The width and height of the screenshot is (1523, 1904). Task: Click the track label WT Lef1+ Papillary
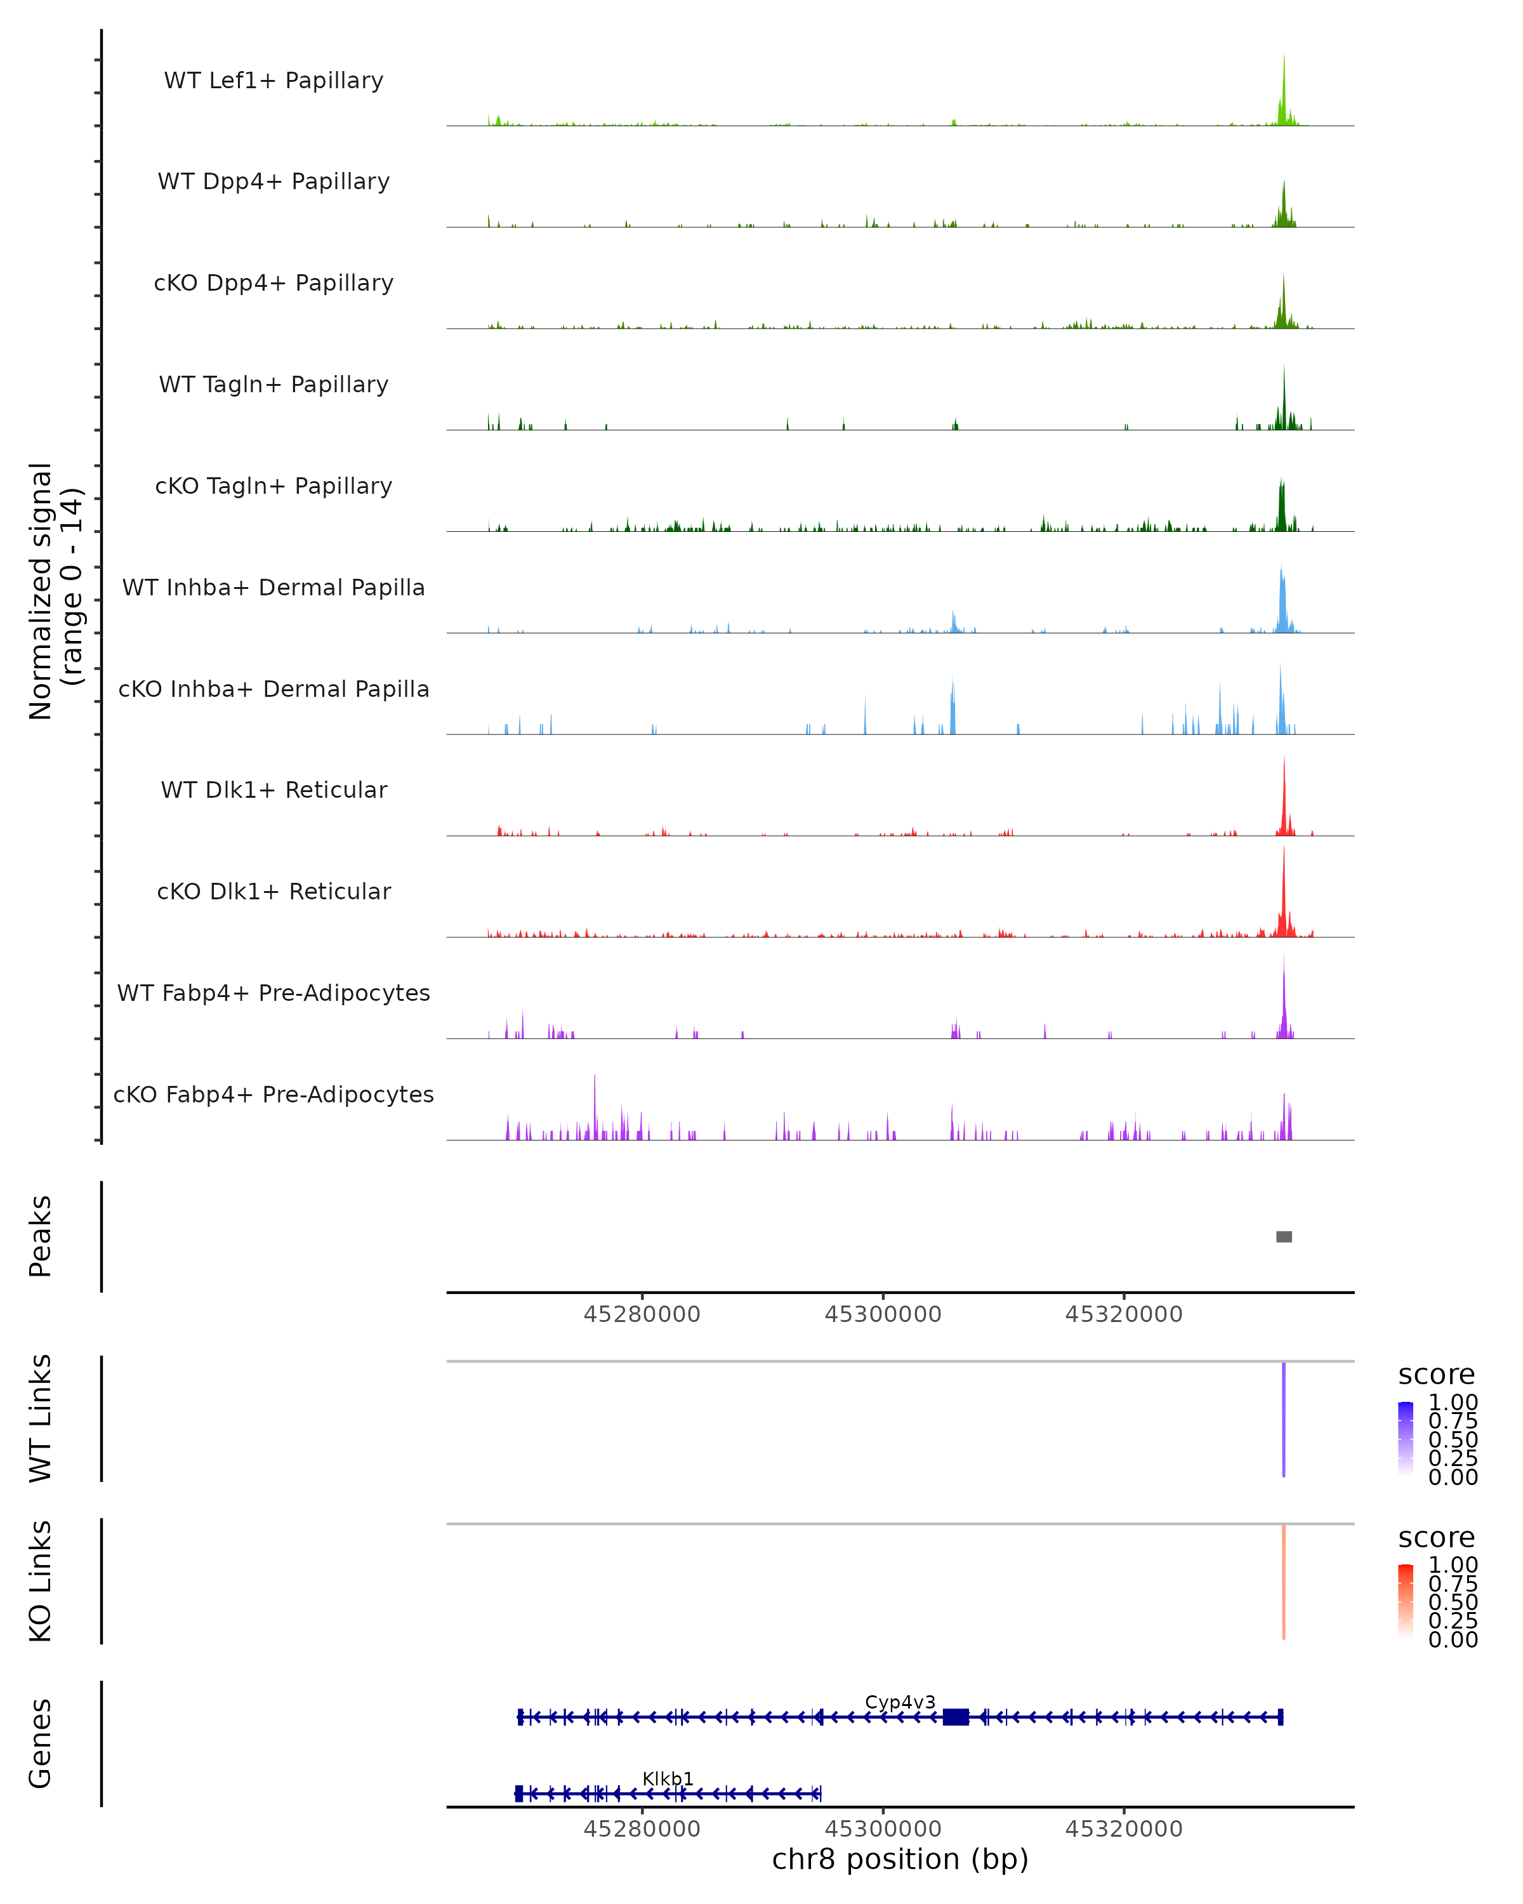tap(274, 81)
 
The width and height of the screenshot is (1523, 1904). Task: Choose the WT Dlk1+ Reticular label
tap(274, 790)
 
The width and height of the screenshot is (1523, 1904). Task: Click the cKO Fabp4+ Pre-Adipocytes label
tap(274, 1094)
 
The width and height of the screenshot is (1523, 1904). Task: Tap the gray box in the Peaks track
tap(1284, 1236)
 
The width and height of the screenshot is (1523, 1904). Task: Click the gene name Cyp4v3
tap(900, 1702)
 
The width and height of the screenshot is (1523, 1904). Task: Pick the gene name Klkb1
tap(668, 1778)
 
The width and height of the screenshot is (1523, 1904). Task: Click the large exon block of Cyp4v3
tap(955, 1717)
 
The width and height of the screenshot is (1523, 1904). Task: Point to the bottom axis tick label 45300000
tap(883, 1829)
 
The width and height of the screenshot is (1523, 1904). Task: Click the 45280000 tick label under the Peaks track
tap(642, 1314)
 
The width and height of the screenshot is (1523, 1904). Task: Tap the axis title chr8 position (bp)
tap(900, 1860)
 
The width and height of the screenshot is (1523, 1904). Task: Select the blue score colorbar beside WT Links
tap(1406, 1438)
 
